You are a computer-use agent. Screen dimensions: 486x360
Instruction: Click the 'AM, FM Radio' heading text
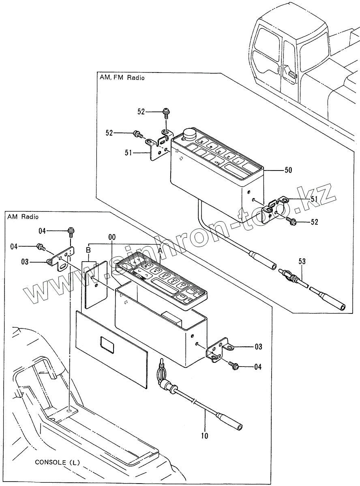point(122,77)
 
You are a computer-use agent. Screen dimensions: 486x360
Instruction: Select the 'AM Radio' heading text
point(23,217)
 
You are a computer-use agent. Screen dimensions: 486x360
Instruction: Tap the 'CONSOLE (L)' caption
point(58,462)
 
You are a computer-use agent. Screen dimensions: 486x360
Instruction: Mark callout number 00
point(112,237)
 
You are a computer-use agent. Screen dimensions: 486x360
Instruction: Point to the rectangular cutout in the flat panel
point(106,344)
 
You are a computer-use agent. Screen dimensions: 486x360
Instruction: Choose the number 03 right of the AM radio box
point(258,347)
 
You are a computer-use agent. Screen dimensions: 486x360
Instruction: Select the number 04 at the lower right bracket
point(257,367)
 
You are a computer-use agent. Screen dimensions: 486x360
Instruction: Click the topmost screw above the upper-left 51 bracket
point(165,111)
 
